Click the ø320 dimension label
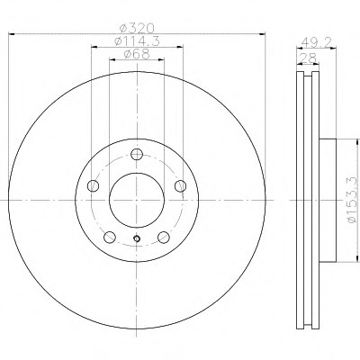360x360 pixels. (x=137, y=29)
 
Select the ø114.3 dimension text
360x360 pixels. (x=137, y=41)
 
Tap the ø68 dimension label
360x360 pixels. (x=137, y=54)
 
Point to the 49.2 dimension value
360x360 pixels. (x=316, y=41)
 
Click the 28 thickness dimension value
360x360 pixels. (x=308, y=58)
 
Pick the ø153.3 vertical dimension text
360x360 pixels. (x=352, y=200)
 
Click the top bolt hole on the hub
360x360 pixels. (x=137, y=154)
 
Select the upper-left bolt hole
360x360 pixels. (x=93, y=186)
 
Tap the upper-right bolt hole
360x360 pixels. (x=181, y=186)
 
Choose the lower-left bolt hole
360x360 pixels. (x=110, y=238)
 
